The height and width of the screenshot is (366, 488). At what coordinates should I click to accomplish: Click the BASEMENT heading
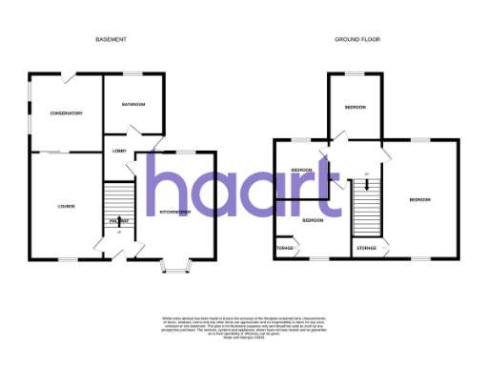[x=112, y=39]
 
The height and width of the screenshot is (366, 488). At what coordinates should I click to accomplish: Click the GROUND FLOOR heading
[x=353, y=39]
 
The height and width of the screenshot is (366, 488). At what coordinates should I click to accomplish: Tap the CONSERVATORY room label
[x=65, y=113]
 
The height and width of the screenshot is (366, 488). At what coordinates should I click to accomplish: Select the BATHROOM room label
[x=134, y=104]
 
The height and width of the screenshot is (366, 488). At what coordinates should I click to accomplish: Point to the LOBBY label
[x=120, y=151]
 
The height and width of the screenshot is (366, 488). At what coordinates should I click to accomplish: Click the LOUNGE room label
[x=65, y=207]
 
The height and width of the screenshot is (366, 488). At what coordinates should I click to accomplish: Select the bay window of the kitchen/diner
[x=175, y=266]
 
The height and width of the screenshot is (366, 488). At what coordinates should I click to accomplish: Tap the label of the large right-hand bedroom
[x=420, y=199]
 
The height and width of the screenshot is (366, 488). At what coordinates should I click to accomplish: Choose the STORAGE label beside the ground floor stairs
[x=367, y=248]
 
